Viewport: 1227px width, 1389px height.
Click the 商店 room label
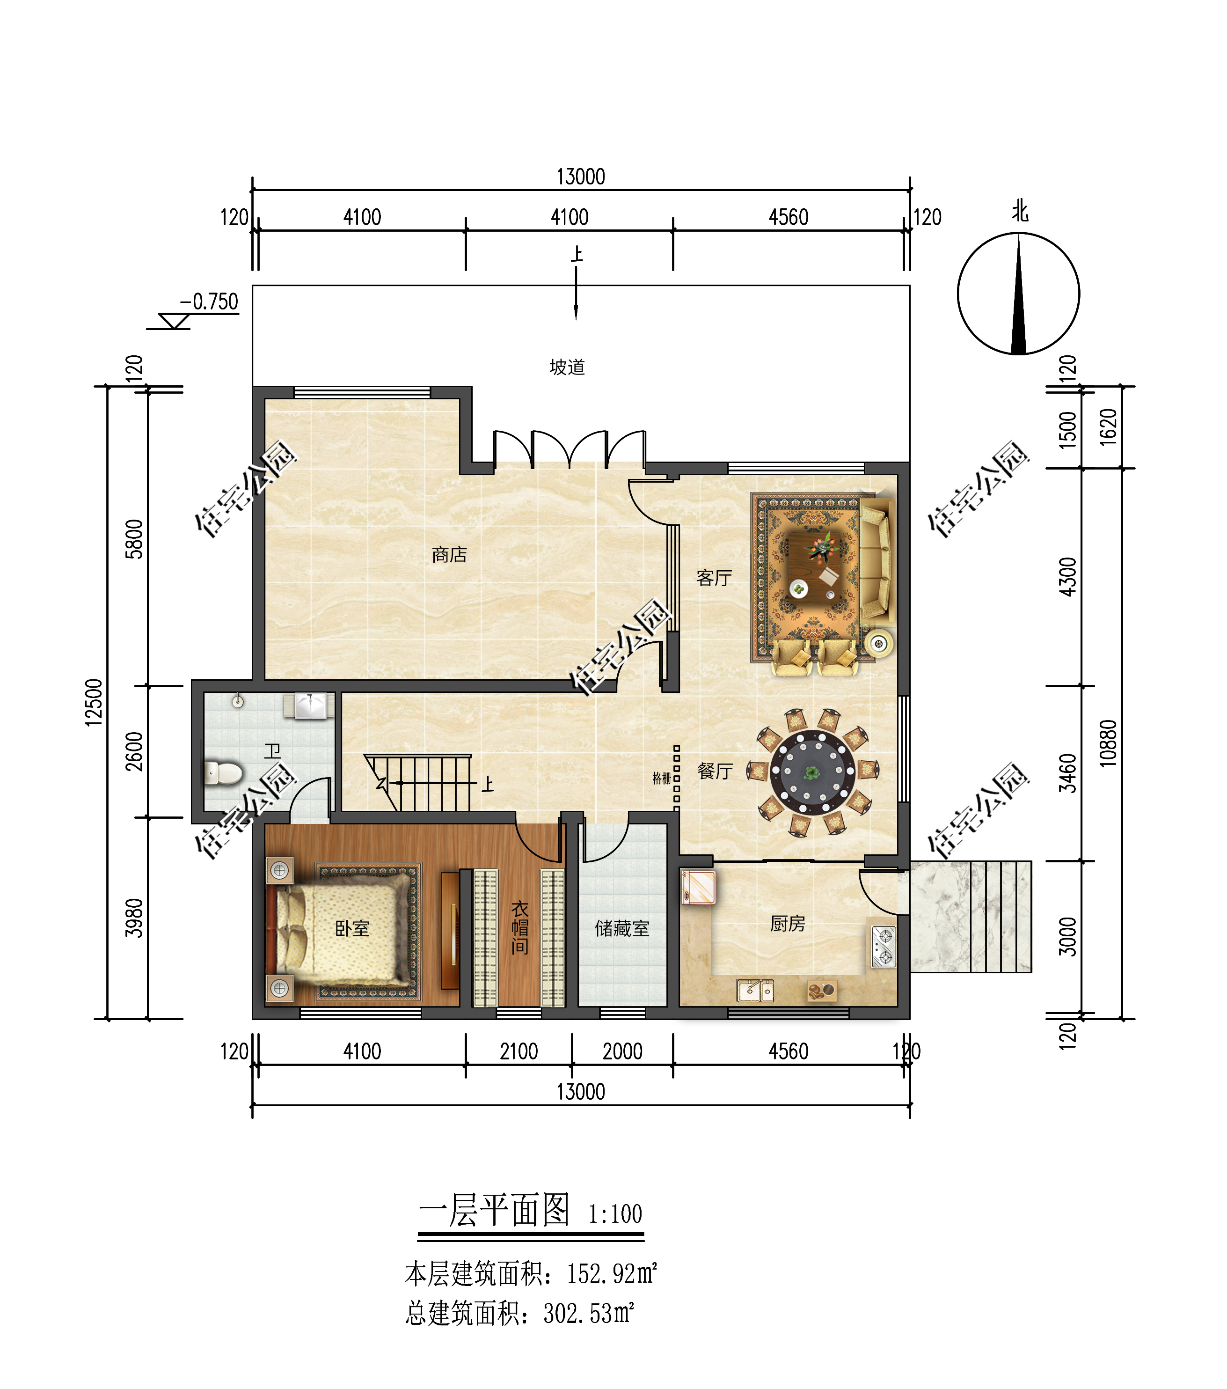tap(449, 555)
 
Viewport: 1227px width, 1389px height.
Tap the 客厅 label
tap(714, 578)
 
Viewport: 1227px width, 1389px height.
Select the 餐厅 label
tap(715, 772)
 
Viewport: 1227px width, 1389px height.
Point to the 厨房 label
tap(788, 924)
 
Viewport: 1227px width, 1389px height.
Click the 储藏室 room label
tap(621, 928)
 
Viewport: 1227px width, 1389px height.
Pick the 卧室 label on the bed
tap(352, 928)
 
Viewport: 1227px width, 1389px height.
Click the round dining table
tap(812, 772)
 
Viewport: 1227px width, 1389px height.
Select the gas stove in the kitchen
tap(883, 947)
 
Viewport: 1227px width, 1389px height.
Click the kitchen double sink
tap(755, 991)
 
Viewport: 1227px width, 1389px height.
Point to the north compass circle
tap(1018, 294)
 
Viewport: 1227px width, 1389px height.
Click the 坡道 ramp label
tap(567, 367)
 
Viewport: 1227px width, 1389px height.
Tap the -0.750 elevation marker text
tap(209, 301)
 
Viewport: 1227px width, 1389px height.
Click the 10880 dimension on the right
tap(1108, 743)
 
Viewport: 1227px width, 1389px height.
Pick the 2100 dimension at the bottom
tap(519, 1052)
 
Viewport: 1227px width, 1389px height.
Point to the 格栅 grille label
tap(662, 779)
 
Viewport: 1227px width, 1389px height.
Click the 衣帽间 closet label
tap(520, 927)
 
